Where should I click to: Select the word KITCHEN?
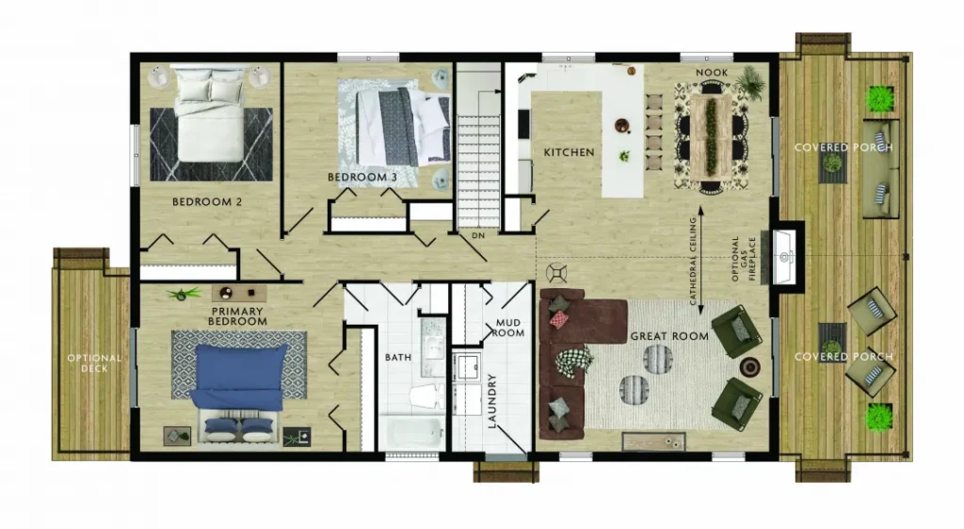pyautogui.click(x=570, y=152)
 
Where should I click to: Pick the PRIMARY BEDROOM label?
pyautogui.click(x=238, y=316)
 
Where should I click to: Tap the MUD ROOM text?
pyautogui.click(x=508, y=328)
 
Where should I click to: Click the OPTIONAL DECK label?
pyautogui.click(x=95, y=363)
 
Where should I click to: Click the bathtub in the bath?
pyautogui.click(x=415, y=433)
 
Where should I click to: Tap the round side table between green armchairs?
pyautogui.click(x=749, y=366)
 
